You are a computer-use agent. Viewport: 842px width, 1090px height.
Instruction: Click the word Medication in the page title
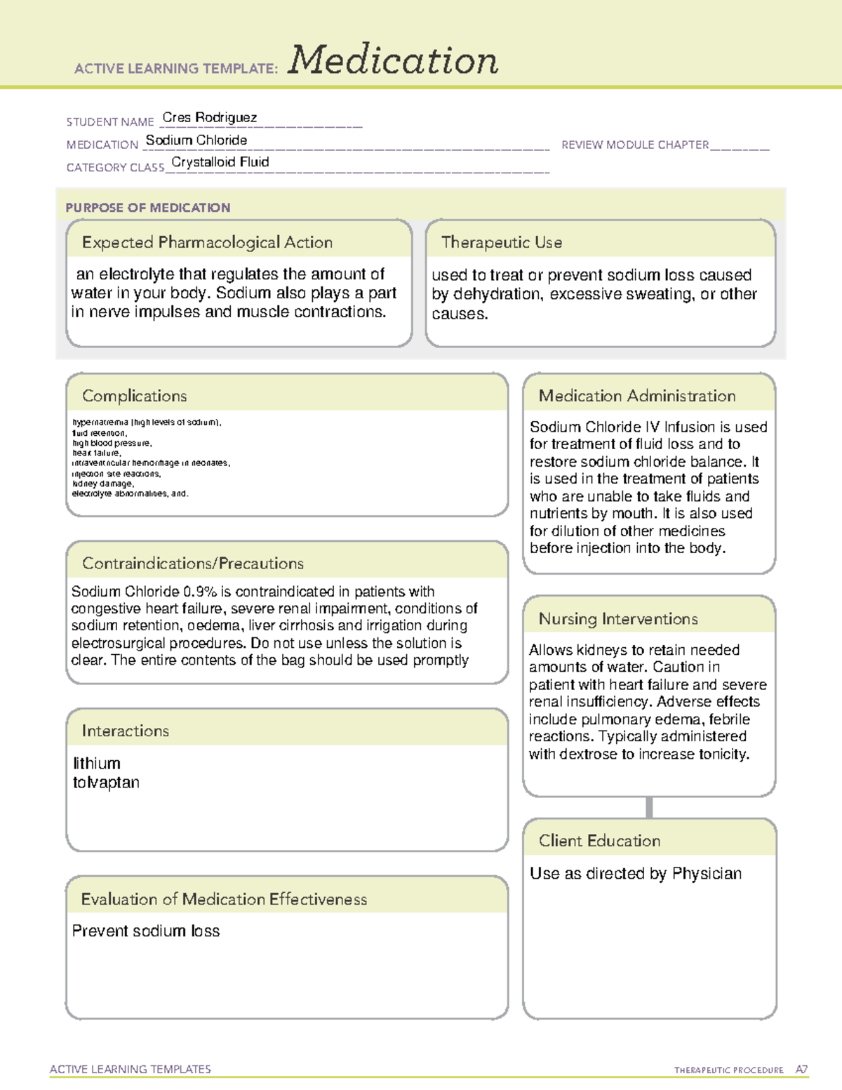(393, 60)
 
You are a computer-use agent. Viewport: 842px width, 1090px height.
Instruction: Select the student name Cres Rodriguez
(209, 117)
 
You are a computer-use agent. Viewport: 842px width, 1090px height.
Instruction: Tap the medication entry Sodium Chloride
(196, 140)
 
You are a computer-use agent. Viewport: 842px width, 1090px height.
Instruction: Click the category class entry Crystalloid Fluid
(220, 162)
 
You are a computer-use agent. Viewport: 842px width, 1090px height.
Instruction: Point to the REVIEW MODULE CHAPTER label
(635, 145)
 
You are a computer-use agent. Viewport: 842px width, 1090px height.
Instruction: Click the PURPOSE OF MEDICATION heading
(148, 208)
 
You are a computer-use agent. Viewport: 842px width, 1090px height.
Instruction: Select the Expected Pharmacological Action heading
(207, 242)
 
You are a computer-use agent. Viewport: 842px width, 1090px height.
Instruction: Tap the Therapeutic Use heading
(502, 242)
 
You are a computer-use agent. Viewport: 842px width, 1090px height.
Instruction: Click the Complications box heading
(135, 396)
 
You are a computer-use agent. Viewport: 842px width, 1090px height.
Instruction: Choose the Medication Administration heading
(637, 396)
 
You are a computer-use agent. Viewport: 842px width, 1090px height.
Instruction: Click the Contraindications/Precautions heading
(193, 564)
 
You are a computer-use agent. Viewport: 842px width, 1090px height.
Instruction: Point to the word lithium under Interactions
(97, 763)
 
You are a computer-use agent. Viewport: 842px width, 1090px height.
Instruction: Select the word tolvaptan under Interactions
(106, 783)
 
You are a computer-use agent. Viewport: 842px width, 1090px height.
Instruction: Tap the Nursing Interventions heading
(618, 619)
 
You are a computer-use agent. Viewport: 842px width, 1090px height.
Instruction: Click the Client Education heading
(600, 841)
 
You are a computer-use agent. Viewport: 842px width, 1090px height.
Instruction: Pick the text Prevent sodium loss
(146, 931)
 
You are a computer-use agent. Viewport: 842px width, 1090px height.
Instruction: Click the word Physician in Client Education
(707, 873)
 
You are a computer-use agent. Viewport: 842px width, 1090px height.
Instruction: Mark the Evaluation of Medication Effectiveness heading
(224, 899)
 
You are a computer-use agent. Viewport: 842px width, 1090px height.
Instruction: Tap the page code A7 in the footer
(801, 1070)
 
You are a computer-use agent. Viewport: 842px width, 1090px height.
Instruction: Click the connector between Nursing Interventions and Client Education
(649, 807)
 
